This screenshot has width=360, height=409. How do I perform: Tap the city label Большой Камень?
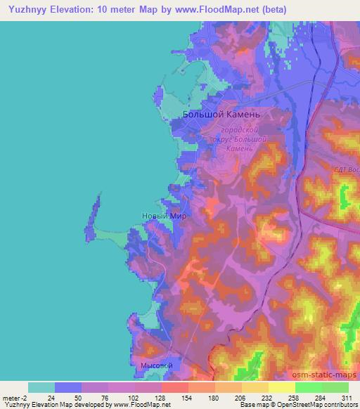[x=221, y=114]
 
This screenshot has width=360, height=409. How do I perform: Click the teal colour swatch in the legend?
[x=41, y=387]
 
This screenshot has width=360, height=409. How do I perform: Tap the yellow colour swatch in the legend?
[x=281, y=387]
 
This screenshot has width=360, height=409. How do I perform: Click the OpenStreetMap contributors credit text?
[x=316, y=405]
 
